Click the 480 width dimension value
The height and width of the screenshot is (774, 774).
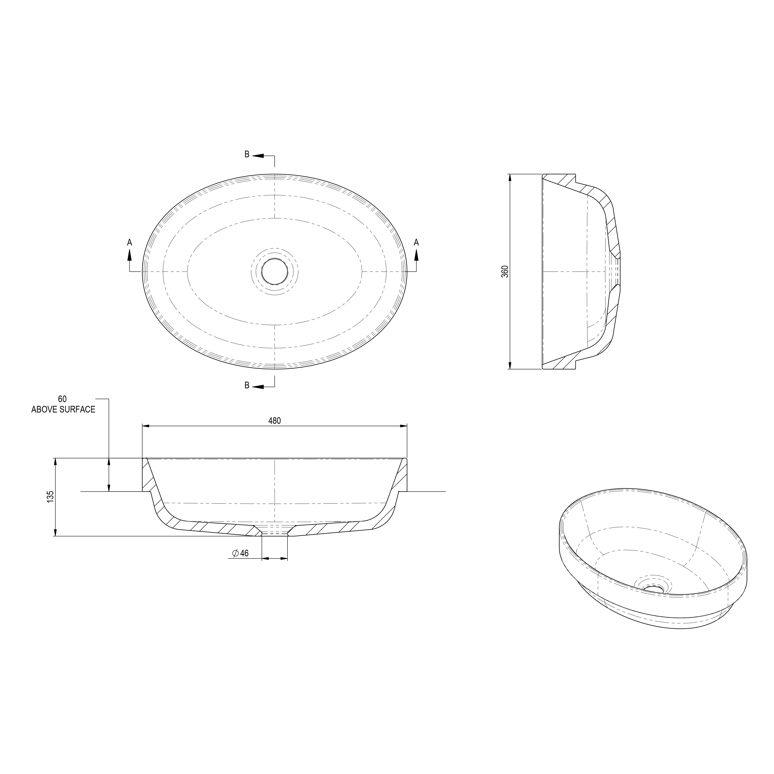point(274,421)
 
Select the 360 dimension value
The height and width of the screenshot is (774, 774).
point(505,271)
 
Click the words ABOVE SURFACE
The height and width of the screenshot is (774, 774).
point(63,409)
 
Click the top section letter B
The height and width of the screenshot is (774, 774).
point(247,154)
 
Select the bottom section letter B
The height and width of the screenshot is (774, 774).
point(247,385)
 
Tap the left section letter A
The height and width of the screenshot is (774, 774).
point(129,242)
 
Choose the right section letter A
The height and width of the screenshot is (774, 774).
point(416,242)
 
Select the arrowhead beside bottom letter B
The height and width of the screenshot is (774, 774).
point(258,387)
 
